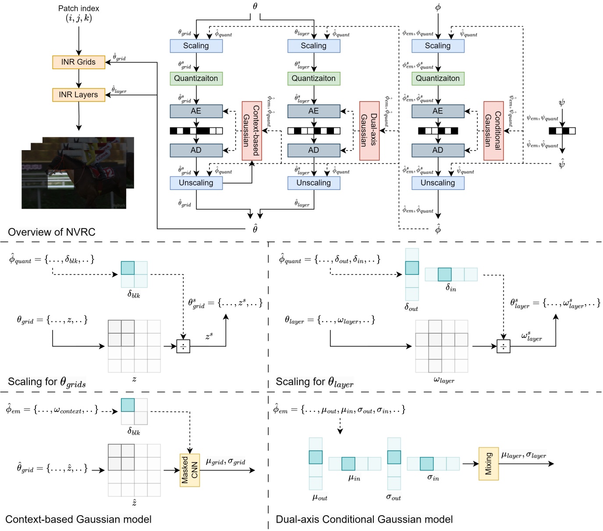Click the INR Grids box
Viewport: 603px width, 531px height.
pos(78,62)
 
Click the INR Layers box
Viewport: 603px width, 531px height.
pos(78,95)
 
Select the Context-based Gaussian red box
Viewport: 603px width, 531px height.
pos(252,131)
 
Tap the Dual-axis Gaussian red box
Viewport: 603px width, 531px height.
pos(369,131)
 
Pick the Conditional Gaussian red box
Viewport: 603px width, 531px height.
pos(493,131)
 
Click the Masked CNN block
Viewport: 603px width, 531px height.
pos(190,470)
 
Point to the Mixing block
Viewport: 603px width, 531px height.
pos(488,464)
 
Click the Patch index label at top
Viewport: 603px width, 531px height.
pos(79,8)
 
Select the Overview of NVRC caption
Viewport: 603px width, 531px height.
pos(52,232)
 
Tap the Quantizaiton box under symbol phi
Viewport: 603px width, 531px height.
pos(437,78)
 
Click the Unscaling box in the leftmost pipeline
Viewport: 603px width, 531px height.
pos(196,183)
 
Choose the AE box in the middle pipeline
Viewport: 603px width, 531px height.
pos(313,111)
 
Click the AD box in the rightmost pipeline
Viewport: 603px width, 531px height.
pos(437,150)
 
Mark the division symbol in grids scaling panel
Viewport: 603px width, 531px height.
pos(183,346)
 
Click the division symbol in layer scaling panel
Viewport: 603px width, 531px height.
pos(503,346)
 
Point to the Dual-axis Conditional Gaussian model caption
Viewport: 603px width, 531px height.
pos(364,519)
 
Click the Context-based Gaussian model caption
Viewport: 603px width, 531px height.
pos(78,519)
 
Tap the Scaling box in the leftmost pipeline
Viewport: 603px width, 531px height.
pos(196,46)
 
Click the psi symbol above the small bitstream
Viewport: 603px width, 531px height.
pos(562,103)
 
